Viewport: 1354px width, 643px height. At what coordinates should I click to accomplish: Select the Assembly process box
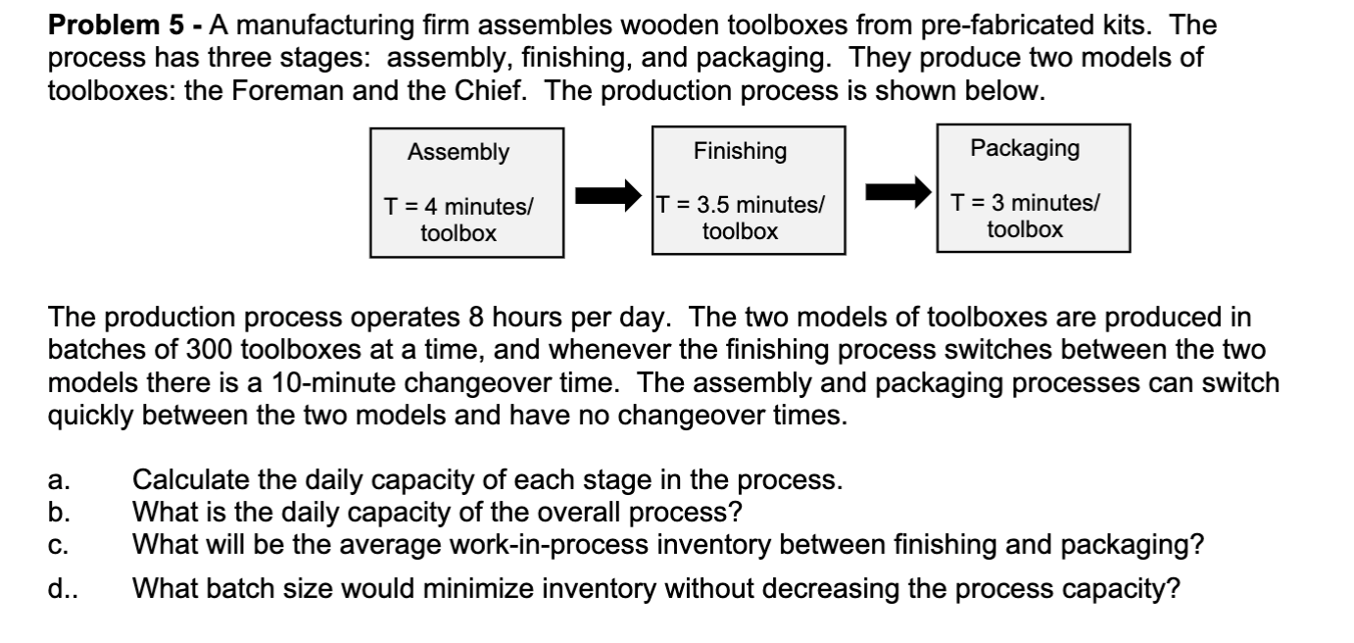point(465,192)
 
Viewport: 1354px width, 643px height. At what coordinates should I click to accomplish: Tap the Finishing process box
point(748,190)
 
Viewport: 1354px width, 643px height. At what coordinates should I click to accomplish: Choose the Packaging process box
point(1033,188)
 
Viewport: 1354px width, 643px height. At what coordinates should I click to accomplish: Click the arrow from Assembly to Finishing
point(607,195)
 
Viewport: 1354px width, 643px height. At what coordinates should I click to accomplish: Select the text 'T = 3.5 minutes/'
point(741,206)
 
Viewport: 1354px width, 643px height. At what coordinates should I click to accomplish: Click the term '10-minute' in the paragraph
point(306,382)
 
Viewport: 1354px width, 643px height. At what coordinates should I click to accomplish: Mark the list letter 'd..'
point(61,590)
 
